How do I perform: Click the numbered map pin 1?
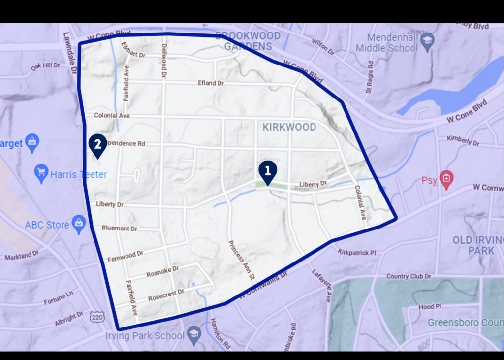pos(268,172)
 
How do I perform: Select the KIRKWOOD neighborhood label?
pos(289,127)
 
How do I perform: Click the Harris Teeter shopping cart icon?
pos(42,174)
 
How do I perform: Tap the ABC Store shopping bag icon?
pos(79,224)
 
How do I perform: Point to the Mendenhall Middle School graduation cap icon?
pos(427,40)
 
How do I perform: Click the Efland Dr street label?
pos(211,83)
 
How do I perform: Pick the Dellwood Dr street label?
pos(163,61)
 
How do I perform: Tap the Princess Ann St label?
pos(241,261)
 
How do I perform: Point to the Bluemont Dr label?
pos(120,228)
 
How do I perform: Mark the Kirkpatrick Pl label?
pos(357,252)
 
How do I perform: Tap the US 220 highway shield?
pos(95,318)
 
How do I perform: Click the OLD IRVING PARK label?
pos(473,245)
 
